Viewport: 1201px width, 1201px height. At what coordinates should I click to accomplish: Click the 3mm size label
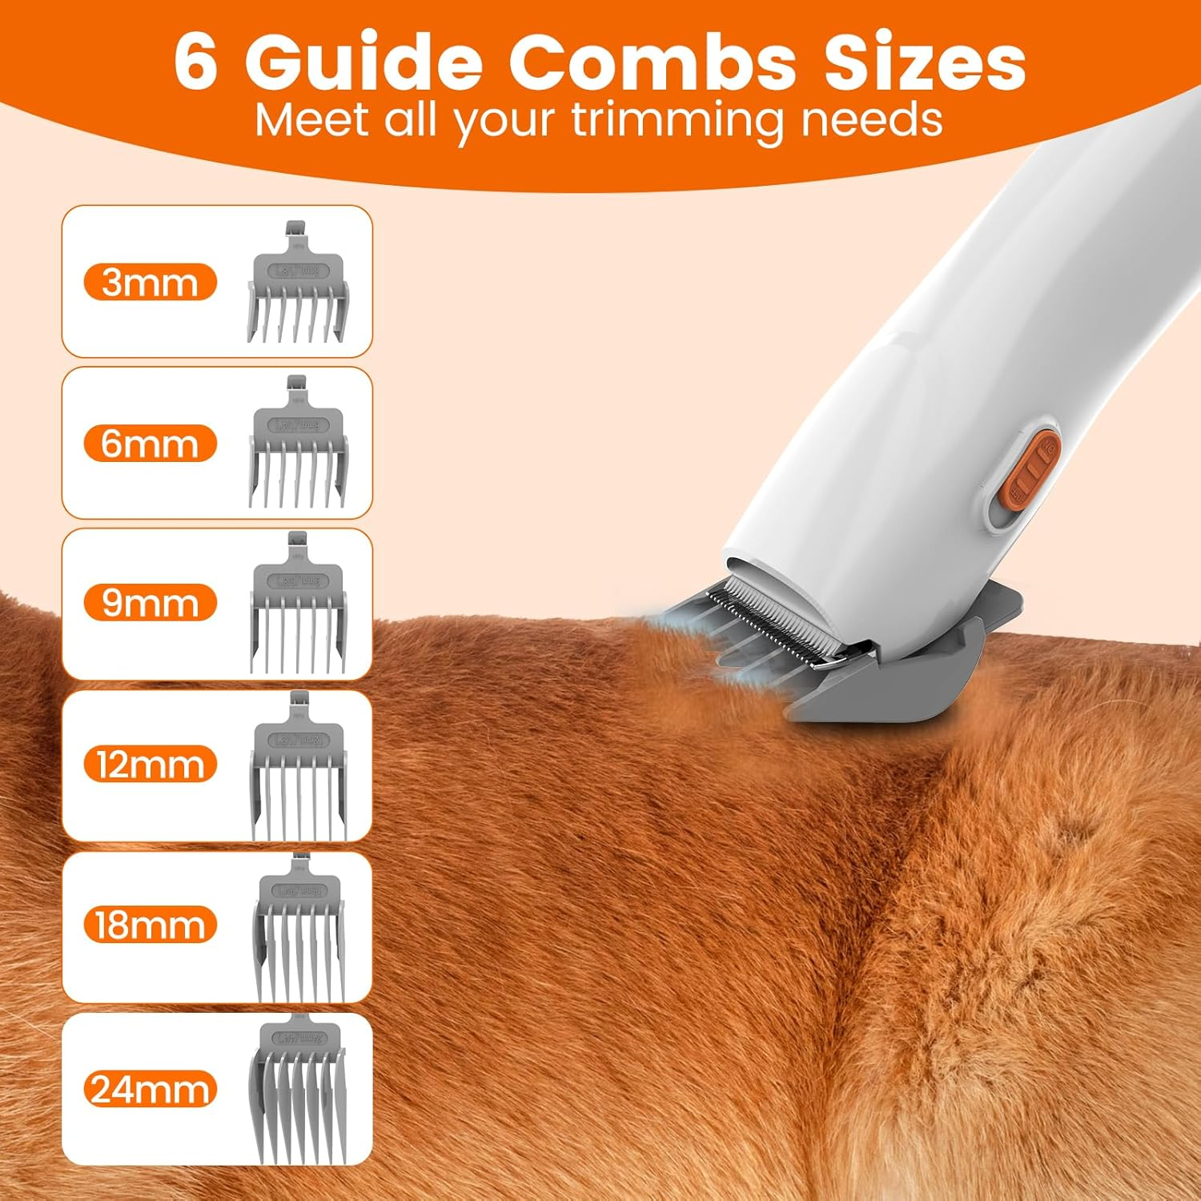pos(150,283)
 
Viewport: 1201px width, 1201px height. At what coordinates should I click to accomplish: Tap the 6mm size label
pos(150,444)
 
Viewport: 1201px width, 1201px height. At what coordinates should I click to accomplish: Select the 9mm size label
pos(150,603)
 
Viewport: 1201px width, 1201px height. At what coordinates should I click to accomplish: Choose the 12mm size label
pos(150,765)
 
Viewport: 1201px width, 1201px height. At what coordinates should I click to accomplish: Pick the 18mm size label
pos(150,926)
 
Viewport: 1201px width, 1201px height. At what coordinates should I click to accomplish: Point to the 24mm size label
pos(150,1090)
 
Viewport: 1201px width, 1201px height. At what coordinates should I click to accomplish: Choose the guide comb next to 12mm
pos(299,769)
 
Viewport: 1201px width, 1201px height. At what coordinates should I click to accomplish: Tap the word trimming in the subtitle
pos(677,122)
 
